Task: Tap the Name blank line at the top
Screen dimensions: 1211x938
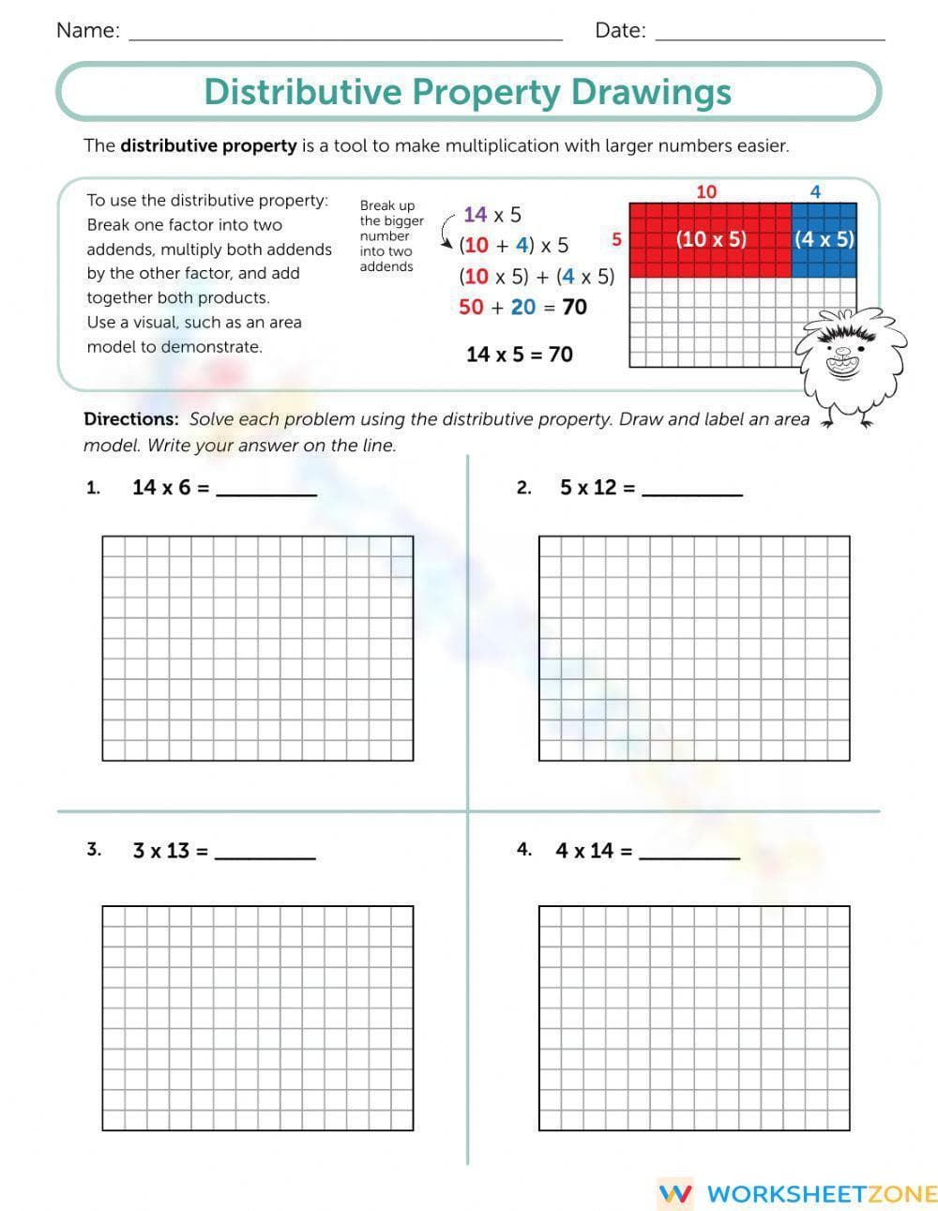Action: coord(344,38)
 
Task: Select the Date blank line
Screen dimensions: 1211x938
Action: coord(769,38)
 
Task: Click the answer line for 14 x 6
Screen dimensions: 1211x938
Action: coord(266,493)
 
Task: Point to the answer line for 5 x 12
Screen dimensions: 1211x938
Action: coord(692,493)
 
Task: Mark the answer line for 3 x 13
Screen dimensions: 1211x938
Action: coord(265,856)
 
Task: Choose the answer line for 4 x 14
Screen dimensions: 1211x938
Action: coord(689,856)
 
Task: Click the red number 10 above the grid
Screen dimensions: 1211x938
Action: coord(706,191)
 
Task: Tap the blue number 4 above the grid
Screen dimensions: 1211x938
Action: coord(815,191)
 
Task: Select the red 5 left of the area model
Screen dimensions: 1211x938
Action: coord(616,239)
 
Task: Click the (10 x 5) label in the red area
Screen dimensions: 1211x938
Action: coord(711,238)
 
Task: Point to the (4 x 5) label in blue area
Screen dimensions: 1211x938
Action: coord(825,238)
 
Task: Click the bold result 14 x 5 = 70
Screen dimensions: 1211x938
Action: coord(519,355)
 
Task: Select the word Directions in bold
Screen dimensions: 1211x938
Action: coord(130,419)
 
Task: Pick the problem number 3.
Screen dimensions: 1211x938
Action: coord(94,850)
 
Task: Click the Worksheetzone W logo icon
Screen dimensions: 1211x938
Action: coord(675,1193)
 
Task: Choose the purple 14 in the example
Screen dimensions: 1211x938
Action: coord(475,215)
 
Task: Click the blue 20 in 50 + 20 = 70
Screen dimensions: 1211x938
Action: coord(523,307)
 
